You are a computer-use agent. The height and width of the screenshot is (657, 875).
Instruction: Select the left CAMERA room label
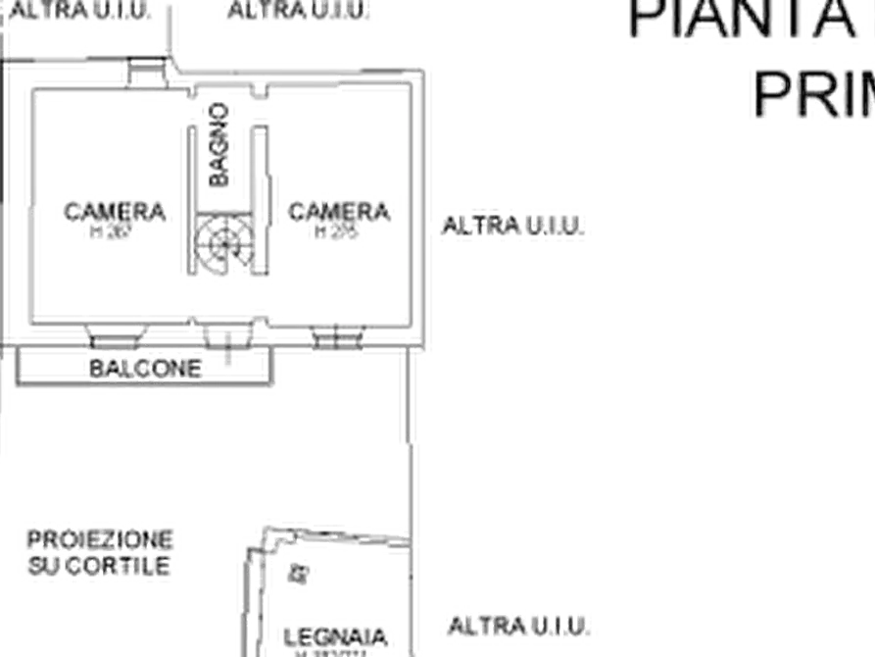tap(117, 211)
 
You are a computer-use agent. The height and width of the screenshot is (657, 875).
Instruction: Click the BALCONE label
tap(145, 369)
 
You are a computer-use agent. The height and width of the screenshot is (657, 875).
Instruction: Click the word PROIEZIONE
tap(100, 539)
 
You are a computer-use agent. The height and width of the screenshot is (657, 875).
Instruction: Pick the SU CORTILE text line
tap(100, 567)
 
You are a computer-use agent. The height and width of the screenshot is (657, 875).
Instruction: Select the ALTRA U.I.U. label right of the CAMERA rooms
tap(516, 225)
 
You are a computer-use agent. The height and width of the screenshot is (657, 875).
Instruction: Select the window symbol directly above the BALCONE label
tap(117, 333)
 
